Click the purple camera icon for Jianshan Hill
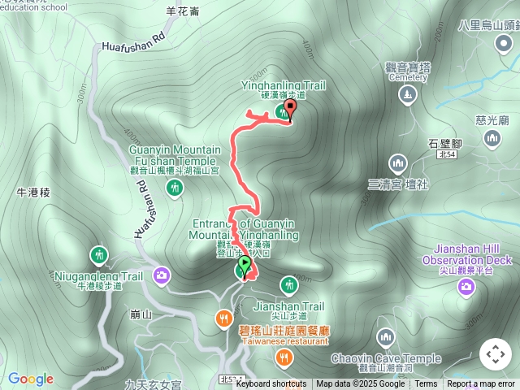click(466, 285)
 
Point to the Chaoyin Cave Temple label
click(386, 358)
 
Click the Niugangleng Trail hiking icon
click(98, 255)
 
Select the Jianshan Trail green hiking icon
click(288, 284)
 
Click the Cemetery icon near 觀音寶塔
click(406, 95)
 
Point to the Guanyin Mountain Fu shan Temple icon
click(174, 188)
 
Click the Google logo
click(31, 379)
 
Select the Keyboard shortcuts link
click(271, 384)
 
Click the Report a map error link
click(481, 384)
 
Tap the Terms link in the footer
click(426, 384)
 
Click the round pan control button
click(496, 354)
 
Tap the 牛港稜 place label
click(33, 193)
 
